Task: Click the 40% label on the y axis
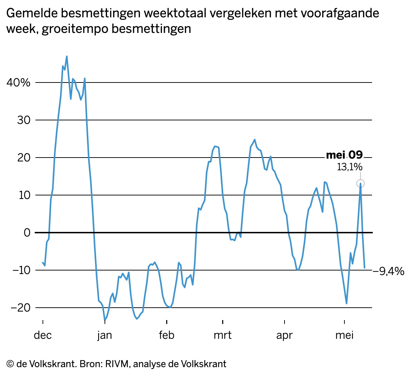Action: click(18, 83)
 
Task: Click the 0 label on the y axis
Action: click(27, 233)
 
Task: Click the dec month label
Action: click(43, 335)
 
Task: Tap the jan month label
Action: click(105, 335)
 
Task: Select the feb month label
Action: click(167, 335)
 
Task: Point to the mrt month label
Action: click(223, 335)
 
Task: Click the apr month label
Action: click(285, 335)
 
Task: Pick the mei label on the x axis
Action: click(344, 335)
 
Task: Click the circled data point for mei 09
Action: click(360, 183)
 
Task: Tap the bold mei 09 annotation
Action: click(344, 155)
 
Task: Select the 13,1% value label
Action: click(349, 167)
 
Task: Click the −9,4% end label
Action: click(389, 272)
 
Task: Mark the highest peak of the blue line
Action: click(67, 56)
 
